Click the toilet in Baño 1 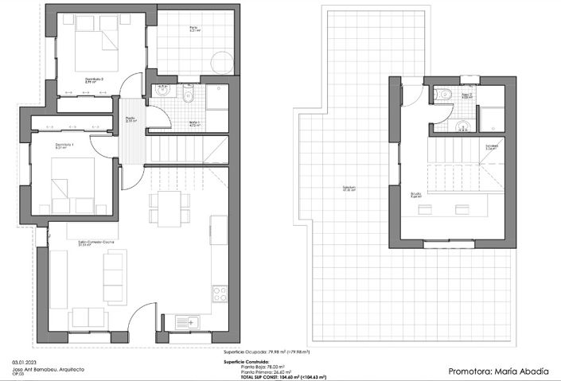point(188,96)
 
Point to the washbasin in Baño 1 point(164,91)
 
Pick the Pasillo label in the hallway point(131,120)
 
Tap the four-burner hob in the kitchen point(219,293)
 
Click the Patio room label point(193,29)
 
